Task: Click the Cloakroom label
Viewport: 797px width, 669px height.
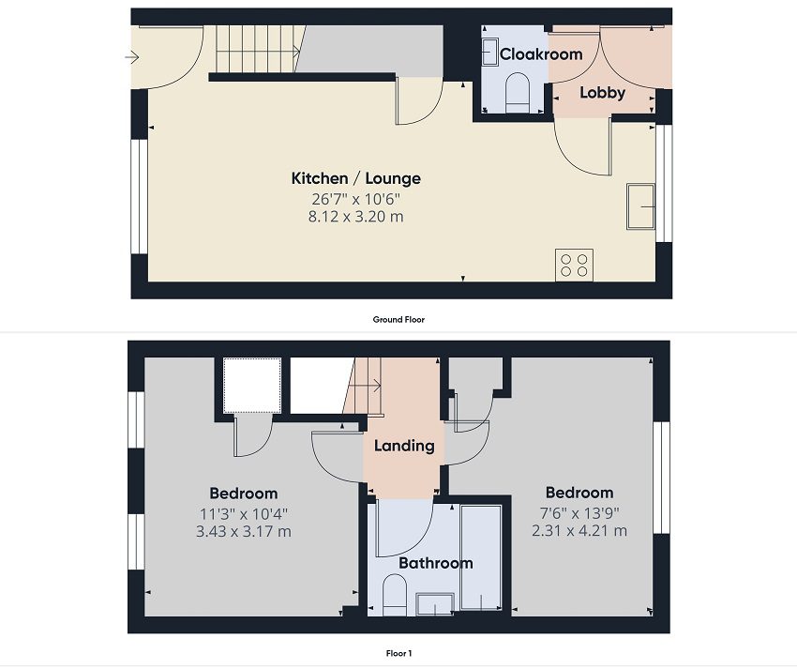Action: click(541, 53)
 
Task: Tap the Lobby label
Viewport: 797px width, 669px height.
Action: click(602, 93)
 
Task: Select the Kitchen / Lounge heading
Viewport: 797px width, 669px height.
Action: click(355, 178)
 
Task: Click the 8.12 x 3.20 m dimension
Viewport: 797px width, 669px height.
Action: click(355, 217)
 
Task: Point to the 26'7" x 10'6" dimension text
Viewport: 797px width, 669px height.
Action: click(355, 198)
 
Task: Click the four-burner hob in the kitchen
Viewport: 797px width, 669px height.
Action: click(575, 265)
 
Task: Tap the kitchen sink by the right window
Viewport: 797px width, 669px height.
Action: click(640, 206)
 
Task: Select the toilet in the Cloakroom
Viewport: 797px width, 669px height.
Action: click(518, 92)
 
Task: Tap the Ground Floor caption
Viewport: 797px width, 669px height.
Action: click(398, 320)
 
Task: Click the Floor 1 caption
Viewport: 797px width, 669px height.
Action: click(398, 653)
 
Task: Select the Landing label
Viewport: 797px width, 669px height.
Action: click(404, 446)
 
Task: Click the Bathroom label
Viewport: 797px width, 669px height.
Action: click(436, 563)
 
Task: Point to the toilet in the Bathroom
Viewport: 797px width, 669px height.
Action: click(395, 595)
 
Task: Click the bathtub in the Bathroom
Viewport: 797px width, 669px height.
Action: click(481, 557)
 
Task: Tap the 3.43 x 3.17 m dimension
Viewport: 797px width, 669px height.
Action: click(244, 532)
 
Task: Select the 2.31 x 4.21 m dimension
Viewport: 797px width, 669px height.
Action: click(579, 531)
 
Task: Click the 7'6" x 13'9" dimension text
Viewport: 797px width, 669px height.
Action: click(579, 512)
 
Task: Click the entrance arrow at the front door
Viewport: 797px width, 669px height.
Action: click(131, 57)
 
